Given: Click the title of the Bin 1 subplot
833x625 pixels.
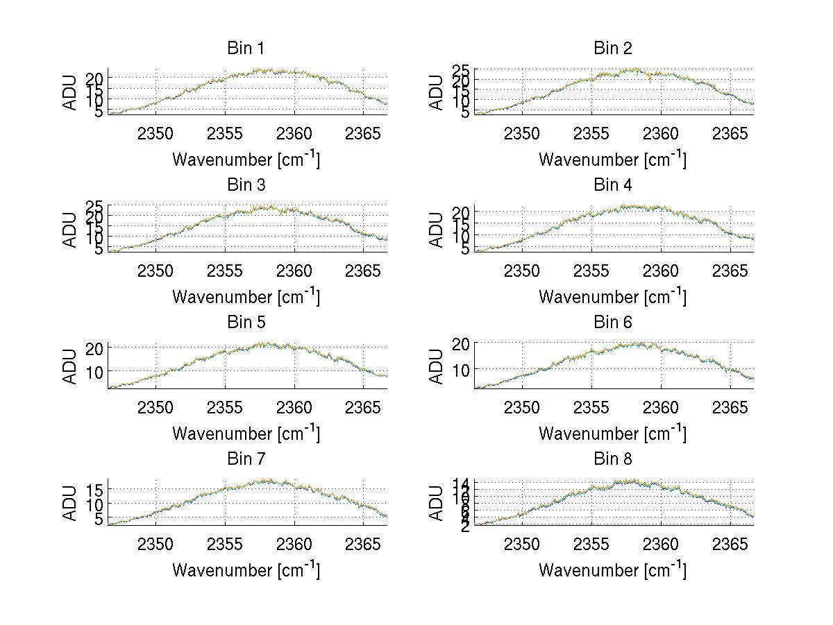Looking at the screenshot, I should [x=246, y=49].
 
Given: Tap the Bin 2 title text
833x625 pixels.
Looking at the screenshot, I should [x=612, y=49].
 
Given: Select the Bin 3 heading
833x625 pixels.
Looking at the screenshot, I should [x=246, y=185].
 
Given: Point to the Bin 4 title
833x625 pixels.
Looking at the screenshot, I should [x=612, y=185].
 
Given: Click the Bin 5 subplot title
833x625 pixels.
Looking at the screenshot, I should [x=246, y=323].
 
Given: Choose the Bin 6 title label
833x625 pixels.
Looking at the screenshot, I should [x=612, y=323].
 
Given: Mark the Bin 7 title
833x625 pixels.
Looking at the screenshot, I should [x=246, y=459].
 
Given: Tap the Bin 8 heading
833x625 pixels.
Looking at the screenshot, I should [x=612, y=459].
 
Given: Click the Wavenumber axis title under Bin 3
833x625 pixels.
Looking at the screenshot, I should [x=246, y=297].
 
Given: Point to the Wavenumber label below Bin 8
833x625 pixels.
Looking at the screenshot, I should [x=612, y=570].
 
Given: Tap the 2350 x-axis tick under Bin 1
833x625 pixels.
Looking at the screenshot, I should [x=155, y=132].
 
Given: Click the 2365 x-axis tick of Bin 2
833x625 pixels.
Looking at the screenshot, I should [x=730, y=132].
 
